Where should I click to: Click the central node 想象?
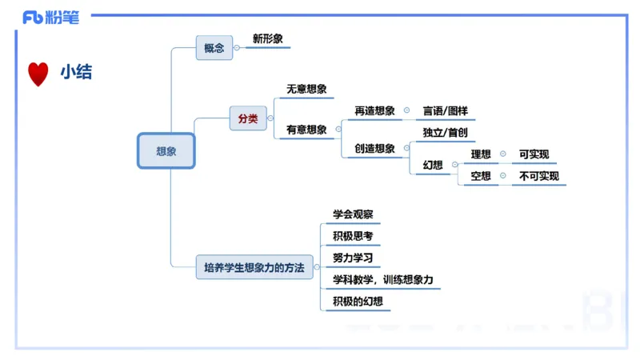166,150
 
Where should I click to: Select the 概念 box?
214,48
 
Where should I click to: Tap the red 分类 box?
248,118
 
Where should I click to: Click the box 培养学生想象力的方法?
254,268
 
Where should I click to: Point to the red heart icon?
38,74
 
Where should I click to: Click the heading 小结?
76,73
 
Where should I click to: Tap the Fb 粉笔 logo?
51,18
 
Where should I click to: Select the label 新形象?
267,38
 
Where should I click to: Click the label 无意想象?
306,90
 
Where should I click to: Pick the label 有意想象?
306,130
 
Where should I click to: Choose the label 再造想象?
374,110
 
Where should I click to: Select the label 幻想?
433,165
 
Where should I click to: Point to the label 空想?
481,176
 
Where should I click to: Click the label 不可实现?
539,176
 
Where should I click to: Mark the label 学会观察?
353,214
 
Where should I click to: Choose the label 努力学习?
353,258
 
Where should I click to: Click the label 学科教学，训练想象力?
382,280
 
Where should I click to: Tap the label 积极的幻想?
358,302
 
